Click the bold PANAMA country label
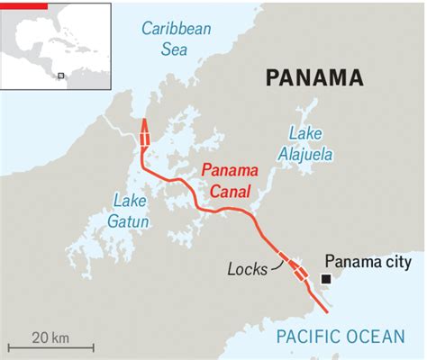tap(314, 77)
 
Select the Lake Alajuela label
tap(310, 144)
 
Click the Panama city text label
tap(369, 262)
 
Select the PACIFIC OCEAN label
tap(341, 337)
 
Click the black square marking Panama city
tap(325, 280)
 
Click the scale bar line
tap(50, 347)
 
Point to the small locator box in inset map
tap(60, 76)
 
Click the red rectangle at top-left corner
tap(23, 4)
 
